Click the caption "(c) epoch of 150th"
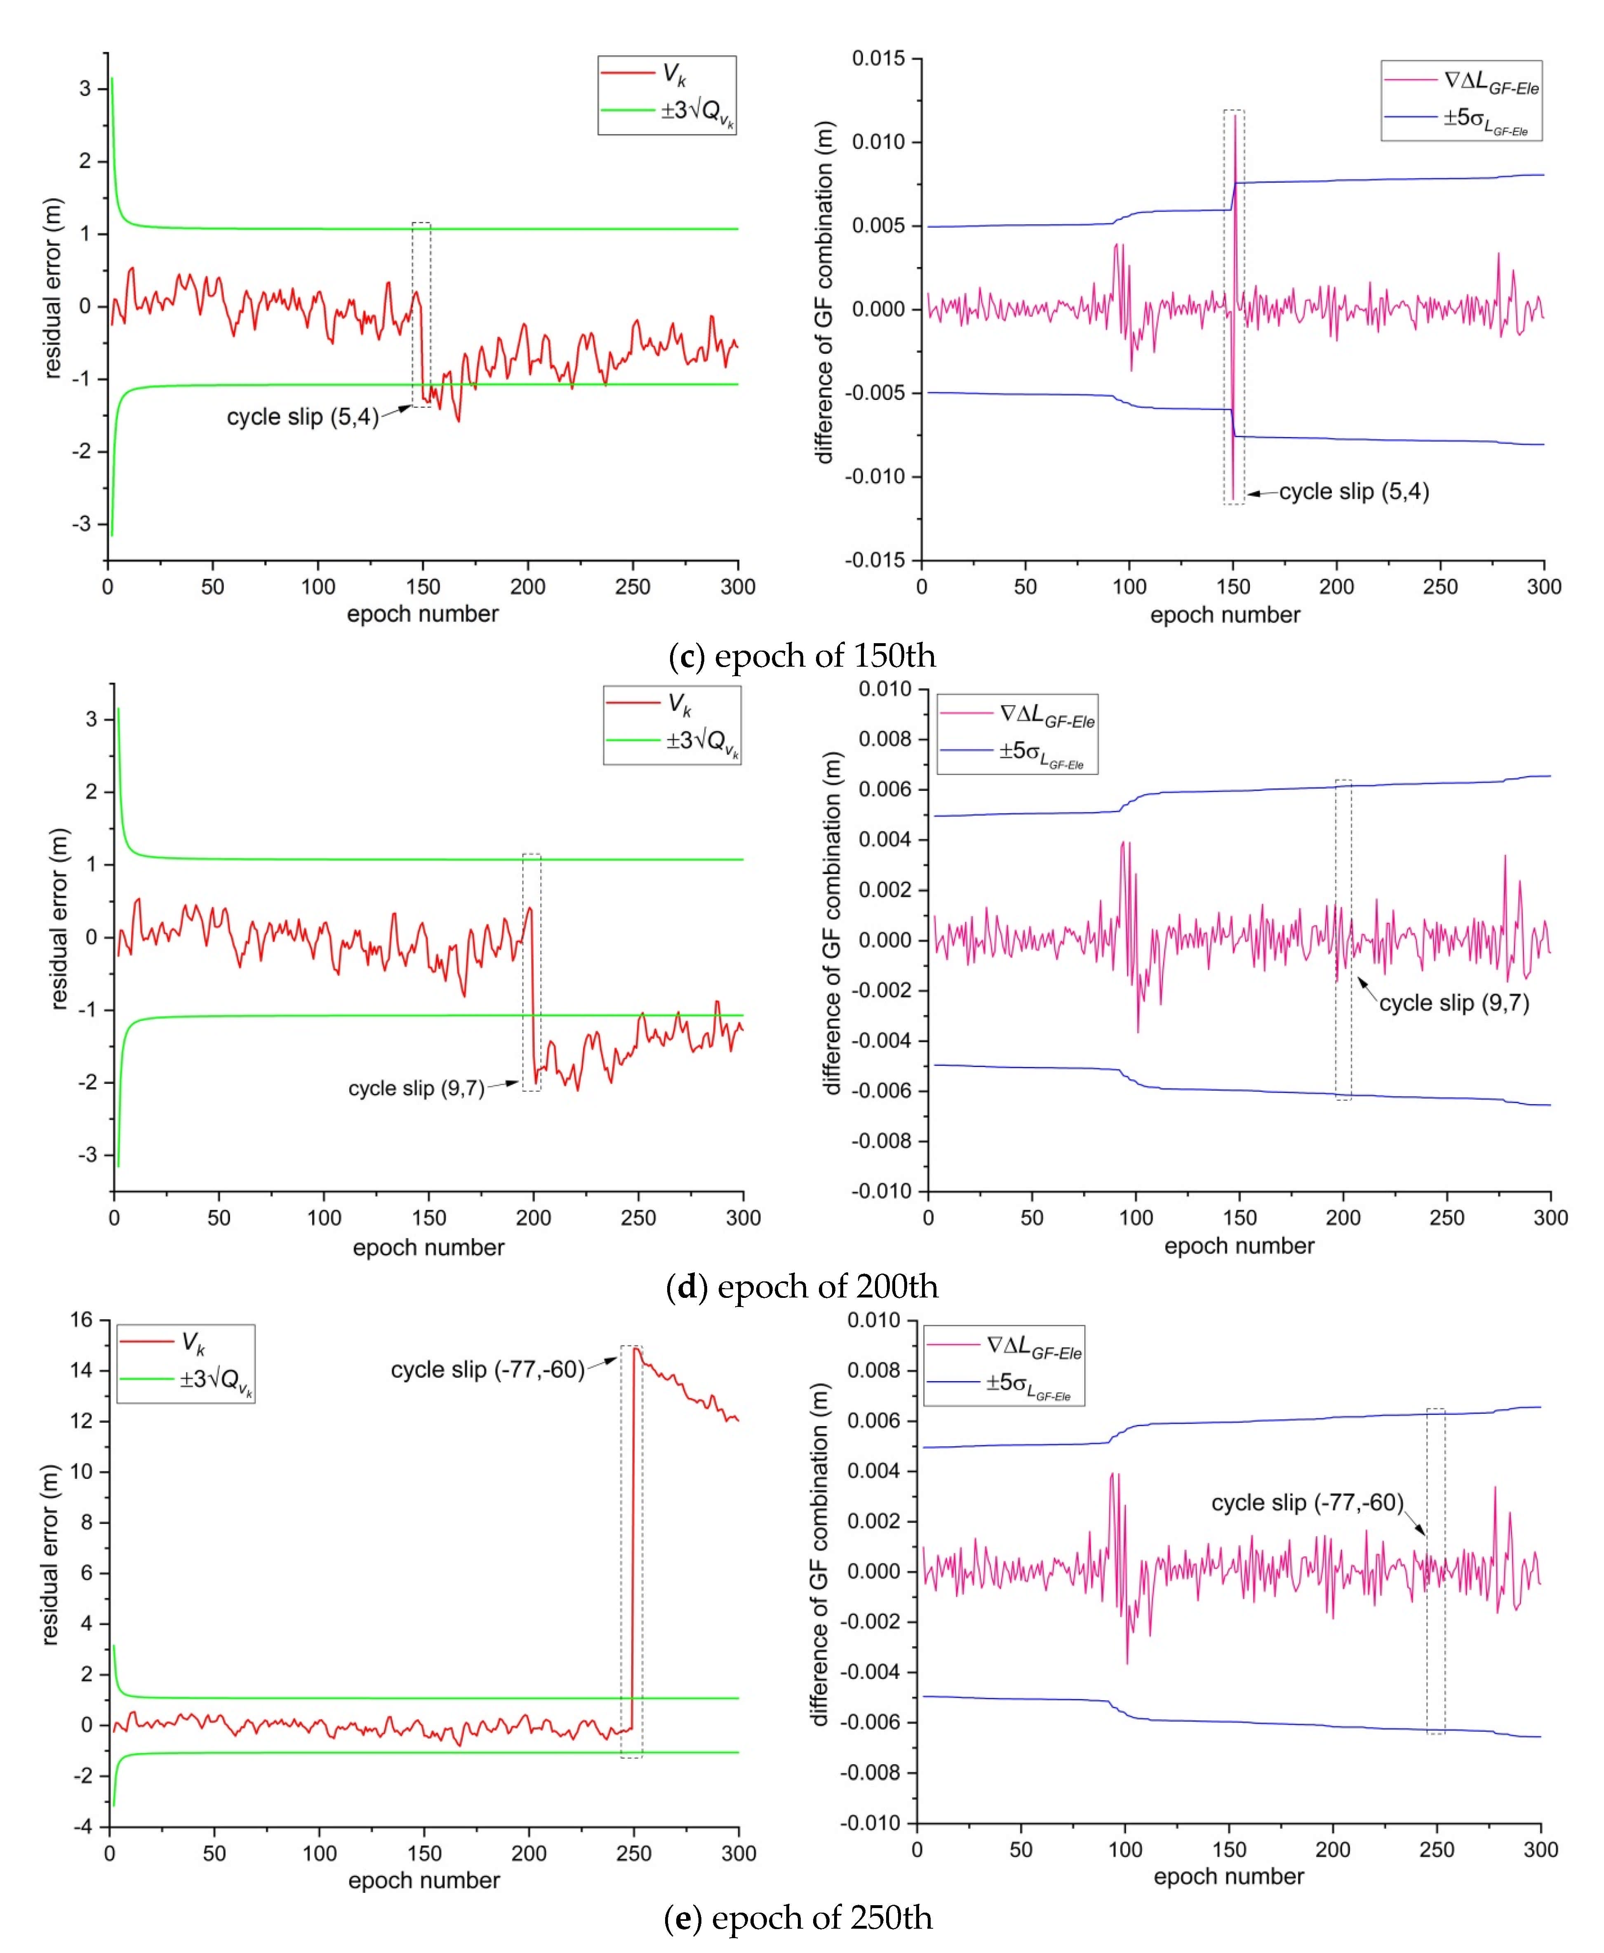[x=801, y=656]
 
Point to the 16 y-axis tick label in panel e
[x=82, y=1320]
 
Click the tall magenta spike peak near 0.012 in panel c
[x=1235, y=116]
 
